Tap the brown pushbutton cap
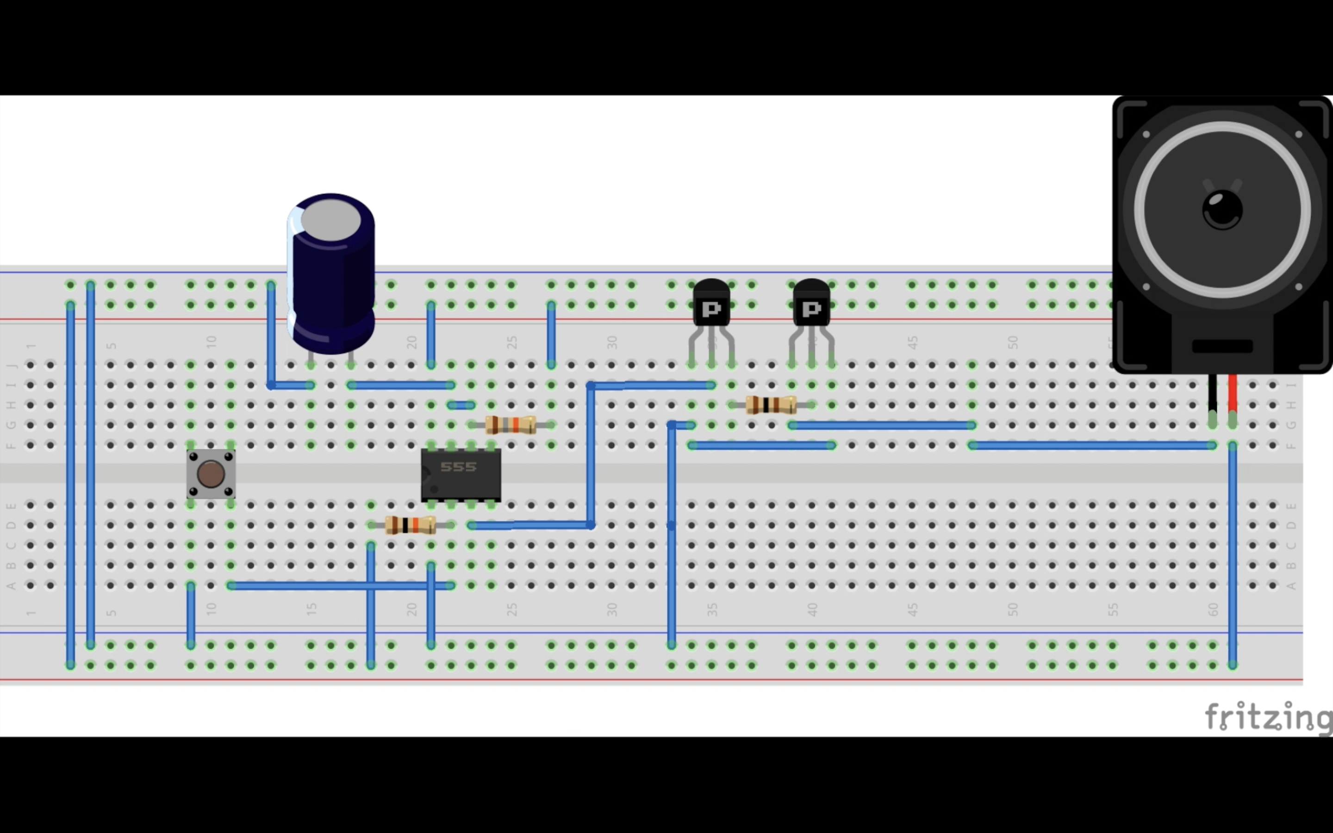pyautogui.click(x=211, y=474)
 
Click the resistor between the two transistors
pyautogui.click(x=771, y=405)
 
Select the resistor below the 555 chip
pyautogui.click(x=411, y=525)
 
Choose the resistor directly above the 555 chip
pyautogui.click(x=511, y=425)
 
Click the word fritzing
pyautogui.click(x=1267, y=716)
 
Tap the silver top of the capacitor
pyautogui.click(x=330, y=220)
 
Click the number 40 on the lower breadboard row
pyautogui.click(x=812, y=609)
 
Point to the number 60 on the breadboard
pyautogui.click(x=1214, y=609)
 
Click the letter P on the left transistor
pyautogui.click(x=711, y=309)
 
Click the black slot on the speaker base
pyautogui.click(x=1222, y=347)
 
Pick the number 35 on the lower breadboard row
pyautogui.click(x=712, y=609)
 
